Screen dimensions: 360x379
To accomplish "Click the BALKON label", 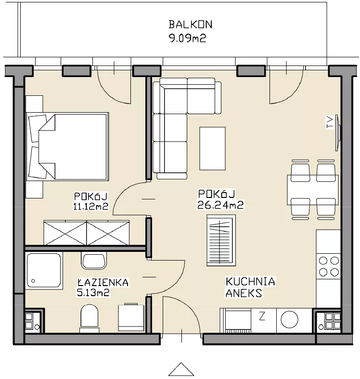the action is click(x=191, y=25).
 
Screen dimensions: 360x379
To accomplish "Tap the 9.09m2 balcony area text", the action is click(x=188, y=39).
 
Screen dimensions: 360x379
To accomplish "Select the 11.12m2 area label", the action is click(x=90, y=206).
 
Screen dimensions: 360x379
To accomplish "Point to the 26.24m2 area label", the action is click(x=220, y=205).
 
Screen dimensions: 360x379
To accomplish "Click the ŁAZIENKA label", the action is click(x=103, y=282).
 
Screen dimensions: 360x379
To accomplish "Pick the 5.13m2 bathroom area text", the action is click(x=93, y=292).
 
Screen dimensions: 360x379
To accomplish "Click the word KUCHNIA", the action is click(x=250, y=282).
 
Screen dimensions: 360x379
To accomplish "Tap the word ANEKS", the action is click(x=244, y=293).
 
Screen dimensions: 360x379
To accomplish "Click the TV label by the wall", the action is click(x=330, y=122).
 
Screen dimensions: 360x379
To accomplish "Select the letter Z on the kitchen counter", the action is click(x=262, y=316).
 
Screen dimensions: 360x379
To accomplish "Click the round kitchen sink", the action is click(x=290, y=319).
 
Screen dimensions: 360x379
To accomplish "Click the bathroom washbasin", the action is click(x=94, y=261).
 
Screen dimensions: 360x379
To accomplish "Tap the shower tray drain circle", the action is click(x=33, y=281).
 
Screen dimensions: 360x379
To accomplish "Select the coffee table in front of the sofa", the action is click(x=212, y=148).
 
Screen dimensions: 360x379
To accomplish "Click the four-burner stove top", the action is click(x=329, y=266).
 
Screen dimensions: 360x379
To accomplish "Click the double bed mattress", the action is click(x=73, y=147).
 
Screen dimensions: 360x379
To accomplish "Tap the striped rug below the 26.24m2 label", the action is click(x=221, y=240).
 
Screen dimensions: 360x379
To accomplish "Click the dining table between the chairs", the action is click(x=313, y=190).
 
